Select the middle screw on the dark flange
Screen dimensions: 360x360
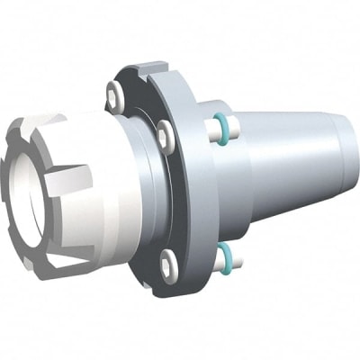(x=163, y=135)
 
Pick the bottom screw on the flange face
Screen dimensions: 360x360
(x=169, y=263)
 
